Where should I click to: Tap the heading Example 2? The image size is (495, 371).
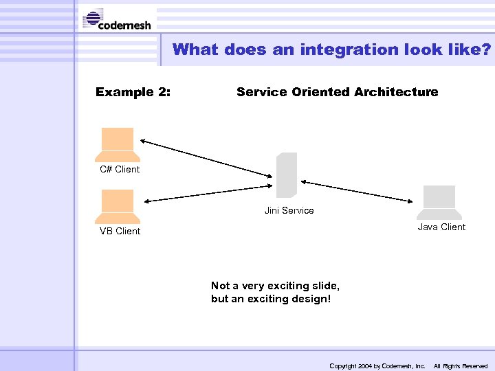click(133, 92)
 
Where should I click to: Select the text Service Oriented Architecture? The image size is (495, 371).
click(337, 92)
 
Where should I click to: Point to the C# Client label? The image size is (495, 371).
click(120, 170)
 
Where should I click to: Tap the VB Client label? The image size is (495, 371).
click(120, 232)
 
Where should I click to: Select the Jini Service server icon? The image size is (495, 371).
click(287, 175)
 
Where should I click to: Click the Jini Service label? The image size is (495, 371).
click(289, 211)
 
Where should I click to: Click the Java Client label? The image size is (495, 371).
click(441, 227)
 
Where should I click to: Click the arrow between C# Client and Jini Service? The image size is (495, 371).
click(206, 158)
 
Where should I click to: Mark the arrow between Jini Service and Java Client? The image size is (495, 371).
click(356, 191)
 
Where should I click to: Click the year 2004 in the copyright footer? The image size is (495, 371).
click(362, 366)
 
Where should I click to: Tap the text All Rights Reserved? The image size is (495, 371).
click(460, 366)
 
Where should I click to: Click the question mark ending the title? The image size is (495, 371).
click(487, 49)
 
